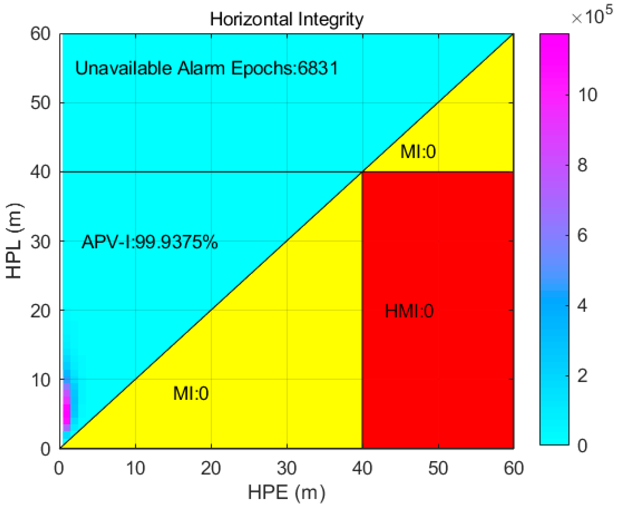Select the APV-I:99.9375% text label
[150, 242]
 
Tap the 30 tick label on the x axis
[286, 468]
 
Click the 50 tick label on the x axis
[438, 468]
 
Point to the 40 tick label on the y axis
[40, 172]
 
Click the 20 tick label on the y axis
[40, 310]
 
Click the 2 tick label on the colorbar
[582, 376]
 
